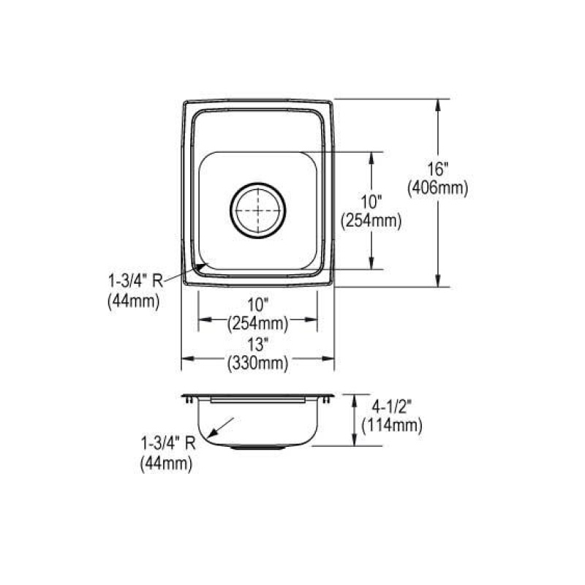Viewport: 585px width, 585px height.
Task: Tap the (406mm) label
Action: point(437,189)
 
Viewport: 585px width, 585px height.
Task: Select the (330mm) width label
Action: point(258,363)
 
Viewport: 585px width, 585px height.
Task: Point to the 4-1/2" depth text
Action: point(391,407)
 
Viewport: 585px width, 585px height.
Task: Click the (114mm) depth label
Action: point(392,426)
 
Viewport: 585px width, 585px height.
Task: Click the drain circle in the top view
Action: point(258,211)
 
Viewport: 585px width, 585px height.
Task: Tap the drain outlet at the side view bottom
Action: point(258,447)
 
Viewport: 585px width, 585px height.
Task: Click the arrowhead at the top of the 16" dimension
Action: point(437,105)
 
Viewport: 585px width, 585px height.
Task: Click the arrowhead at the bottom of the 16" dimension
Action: point(437,280)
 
